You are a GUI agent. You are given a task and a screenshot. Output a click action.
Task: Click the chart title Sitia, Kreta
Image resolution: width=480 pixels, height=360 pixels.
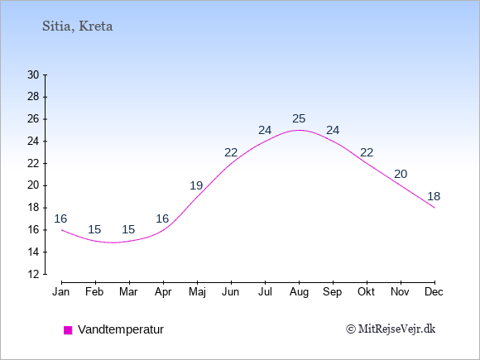click(x=78, y=26)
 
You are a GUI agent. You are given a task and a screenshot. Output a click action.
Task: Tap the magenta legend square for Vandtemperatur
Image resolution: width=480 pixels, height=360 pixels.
click(x=68, y=330)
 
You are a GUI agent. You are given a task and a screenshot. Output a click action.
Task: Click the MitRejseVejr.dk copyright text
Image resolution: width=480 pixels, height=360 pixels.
click(x=391, y=329)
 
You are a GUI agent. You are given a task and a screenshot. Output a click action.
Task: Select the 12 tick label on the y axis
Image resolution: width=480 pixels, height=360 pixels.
click(x=33, y=274)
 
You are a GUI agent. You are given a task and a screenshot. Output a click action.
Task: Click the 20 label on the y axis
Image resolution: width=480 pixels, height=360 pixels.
click(x=33, y=185)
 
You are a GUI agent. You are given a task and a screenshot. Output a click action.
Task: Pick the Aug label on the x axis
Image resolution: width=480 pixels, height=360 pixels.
click(x=299, y=292)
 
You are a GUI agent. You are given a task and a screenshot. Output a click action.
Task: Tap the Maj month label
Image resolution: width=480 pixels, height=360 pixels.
click(x=197, y=292)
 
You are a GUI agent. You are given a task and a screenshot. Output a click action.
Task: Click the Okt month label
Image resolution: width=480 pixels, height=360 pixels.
click(x=367, y=292)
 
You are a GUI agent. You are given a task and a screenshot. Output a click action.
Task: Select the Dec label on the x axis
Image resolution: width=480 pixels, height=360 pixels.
click(x=434, y=292)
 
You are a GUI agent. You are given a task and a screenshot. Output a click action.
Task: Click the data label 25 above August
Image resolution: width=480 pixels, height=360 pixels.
click(x=299, y=119)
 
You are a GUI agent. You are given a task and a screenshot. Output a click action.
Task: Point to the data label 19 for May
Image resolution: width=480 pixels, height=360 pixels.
click(x=196, y=185)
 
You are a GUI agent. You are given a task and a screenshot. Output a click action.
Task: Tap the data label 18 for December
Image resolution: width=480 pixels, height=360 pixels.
click(x=434, y=196)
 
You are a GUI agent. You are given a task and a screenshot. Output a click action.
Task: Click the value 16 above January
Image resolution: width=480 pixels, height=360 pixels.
click(x=60, y=218)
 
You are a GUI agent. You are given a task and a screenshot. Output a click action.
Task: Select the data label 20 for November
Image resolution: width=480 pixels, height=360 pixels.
click(x=401, y=174)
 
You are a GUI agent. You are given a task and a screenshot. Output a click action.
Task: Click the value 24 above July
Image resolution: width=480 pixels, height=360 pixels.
click(x=265, y=131)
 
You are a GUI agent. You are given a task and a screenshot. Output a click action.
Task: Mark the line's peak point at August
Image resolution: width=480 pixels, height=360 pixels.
click(x=299, y=130)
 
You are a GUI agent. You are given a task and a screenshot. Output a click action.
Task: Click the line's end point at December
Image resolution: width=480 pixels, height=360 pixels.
click(x=434, y=208)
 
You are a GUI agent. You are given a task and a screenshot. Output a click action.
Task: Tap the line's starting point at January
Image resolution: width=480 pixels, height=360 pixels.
click(x=62, y=230)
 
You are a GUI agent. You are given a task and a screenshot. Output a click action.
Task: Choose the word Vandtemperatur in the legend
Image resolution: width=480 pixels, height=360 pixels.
click(x=121, y=329)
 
